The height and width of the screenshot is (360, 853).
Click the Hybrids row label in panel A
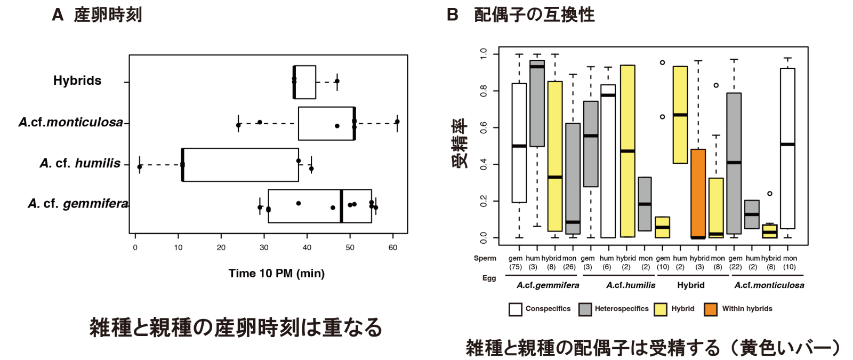[77, 81]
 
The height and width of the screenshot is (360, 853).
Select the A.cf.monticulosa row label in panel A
[71, 122]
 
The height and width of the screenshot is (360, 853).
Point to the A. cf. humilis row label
[80, 163]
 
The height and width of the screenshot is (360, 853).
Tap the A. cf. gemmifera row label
[78, 204]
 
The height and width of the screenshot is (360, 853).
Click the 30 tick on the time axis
[264, 247]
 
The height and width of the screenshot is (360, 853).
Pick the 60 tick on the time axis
[393, 247]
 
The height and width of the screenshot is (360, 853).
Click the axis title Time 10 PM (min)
[276, 274]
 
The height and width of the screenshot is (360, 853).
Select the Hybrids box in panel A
[305, 82]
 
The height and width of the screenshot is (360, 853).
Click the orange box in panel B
[698, 194]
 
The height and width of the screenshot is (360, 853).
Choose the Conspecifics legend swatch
[515, 309]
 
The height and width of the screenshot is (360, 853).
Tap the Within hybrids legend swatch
[711, 309]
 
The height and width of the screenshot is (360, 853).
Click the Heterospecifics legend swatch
[585, 309]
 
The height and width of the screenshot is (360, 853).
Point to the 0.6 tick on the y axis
[484, 127]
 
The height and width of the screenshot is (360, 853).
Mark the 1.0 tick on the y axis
[484, 54]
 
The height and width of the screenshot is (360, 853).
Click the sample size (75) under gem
[516, 267]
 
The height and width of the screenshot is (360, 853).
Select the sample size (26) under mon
[569, 267]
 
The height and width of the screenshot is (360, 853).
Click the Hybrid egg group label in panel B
[691, 285]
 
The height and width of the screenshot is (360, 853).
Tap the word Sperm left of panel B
[485, 258]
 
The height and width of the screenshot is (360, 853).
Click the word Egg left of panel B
[489, 278]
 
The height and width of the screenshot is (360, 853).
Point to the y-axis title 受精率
[460, 143]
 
